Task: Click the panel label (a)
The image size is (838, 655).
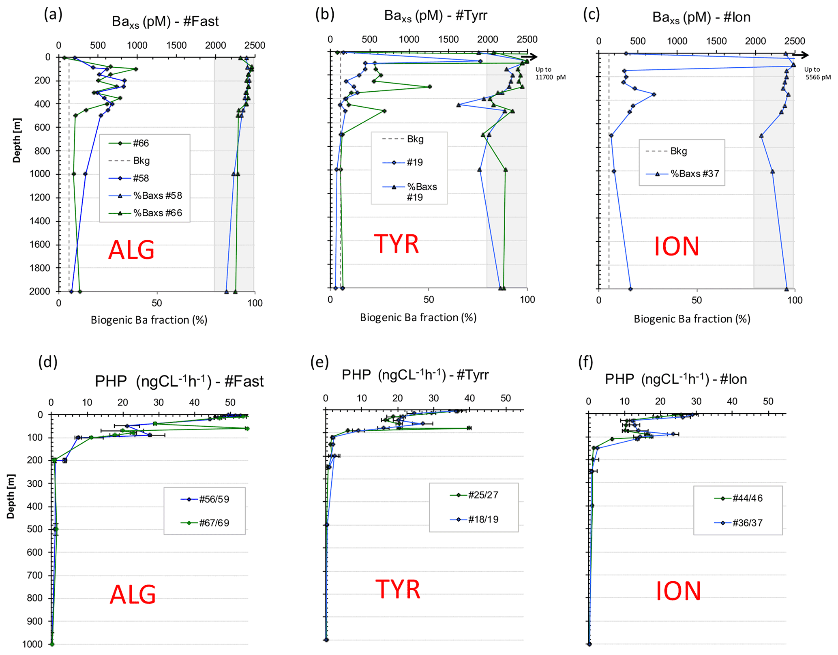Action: (x=53, y=15)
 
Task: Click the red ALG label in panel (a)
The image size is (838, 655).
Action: (x=131, y=250)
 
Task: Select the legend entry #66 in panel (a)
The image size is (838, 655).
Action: (x=141, y=143)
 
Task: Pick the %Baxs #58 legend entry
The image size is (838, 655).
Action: (x=157, y=195)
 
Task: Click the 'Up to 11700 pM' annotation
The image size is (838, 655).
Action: (x=550, y=73)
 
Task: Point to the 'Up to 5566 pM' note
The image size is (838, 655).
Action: (x=817, y=73)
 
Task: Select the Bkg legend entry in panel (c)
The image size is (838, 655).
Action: (x=678, y=151)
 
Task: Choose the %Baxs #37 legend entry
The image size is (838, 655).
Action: (x=694, y=174)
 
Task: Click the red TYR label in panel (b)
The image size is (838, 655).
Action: (x=396, y=244)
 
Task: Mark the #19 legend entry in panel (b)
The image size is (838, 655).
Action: (x=414, y=163)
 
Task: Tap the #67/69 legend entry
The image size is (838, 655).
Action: (x=214, y=523)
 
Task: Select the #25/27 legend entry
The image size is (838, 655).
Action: (x=483, y=495)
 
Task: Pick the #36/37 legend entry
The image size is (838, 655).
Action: (x=747, y=523)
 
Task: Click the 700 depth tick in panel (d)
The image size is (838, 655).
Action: (x=34, y=575)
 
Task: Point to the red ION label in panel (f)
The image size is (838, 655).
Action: (x=678, y=591)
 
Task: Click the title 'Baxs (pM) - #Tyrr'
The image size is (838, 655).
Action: (x=435, y=16)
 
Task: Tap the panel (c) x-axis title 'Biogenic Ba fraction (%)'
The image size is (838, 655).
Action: (x=692, y=319)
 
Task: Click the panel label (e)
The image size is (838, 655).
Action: (x=319, y=361)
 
